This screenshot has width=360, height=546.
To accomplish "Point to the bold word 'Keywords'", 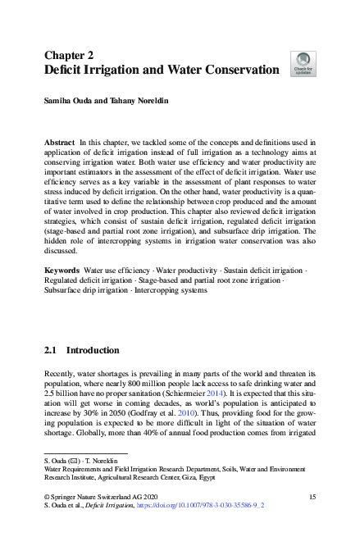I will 62,270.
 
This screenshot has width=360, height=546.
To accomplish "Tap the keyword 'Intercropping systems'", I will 182,291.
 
